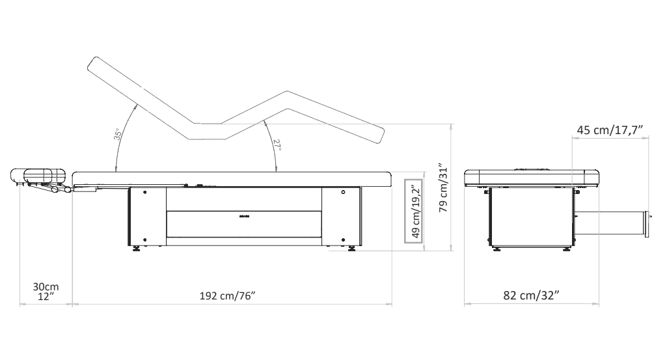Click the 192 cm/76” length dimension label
click(x=227, y=296)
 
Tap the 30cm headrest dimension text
click(x=46, y=287)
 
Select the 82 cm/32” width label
click(x=531, y=295)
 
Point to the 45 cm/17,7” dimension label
click(x=610, y=130)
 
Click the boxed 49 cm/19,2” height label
click(x=413, y=211)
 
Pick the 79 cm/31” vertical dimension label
click(x=443, y=187)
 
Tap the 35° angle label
click(x=118, y=134)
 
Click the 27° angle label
click(x=277, y=146)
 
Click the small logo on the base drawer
click(x=244, y=216)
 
